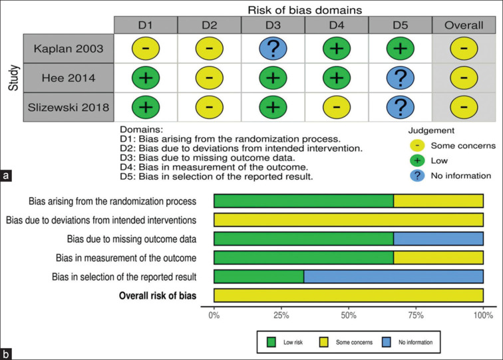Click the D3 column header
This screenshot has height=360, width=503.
273,25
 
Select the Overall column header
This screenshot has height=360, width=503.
464,25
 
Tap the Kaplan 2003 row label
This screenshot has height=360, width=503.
69,49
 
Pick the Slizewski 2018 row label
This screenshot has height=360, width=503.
69,107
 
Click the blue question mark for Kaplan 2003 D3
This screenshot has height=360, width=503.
273,49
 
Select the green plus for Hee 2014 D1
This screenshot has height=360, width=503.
146,78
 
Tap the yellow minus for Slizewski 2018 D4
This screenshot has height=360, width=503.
337,107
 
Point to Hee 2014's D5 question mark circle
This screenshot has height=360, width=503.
401,78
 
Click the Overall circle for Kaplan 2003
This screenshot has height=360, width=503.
464,49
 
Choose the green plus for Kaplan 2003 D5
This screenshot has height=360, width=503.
401,49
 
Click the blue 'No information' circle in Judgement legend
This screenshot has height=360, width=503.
417,176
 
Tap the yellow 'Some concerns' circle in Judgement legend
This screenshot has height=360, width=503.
417,146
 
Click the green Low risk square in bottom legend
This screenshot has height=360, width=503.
271,342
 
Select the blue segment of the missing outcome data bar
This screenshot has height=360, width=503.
438,239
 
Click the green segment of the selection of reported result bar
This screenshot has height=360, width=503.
259,277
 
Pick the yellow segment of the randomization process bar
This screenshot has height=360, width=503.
438,201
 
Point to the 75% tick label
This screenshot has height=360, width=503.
416,315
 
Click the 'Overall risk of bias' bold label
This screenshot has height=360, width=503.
158,295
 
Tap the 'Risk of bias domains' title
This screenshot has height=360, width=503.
305,10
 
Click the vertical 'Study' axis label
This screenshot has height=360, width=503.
14,78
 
